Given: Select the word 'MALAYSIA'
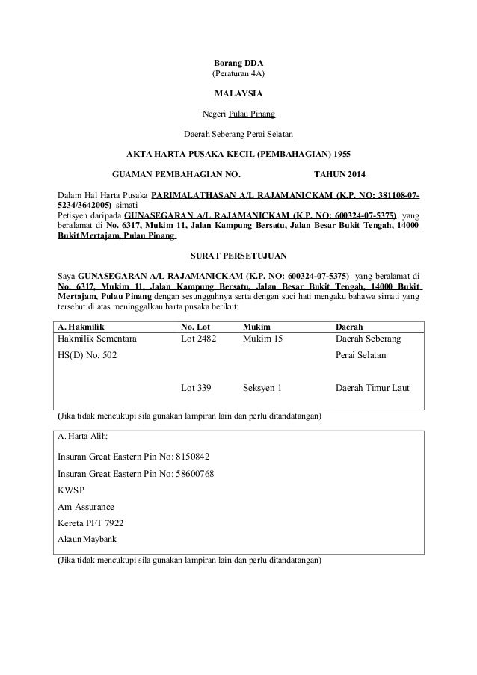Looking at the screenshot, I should pos(238,94).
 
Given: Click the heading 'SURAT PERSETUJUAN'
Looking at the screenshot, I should pos(238,254).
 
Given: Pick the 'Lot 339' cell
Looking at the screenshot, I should pos(197,388).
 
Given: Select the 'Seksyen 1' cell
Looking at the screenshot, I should pos(263,388).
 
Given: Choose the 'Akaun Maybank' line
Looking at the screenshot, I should pos(87,538).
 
